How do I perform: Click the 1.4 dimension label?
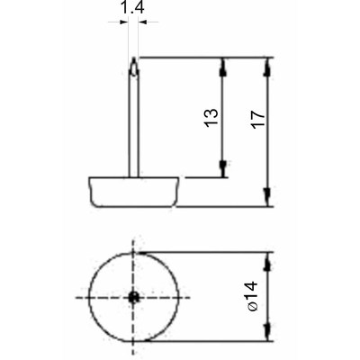coord(132,7)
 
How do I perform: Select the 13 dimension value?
coord(211,118)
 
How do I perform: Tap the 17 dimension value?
coord(258,120)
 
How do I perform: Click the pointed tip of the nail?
coord(134,58)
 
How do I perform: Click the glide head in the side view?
coord(134,192)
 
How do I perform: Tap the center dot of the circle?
coord(133,297)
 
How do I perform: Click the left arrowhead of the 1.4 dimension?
coord(124,22)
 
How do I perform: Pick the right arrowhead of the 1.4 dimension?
coord(142,22)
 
